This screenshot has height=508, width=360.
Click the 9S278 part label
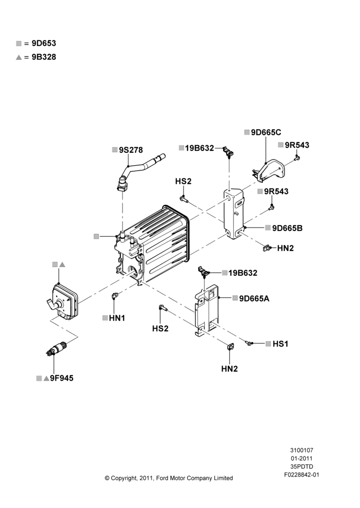click(x=131, y=150)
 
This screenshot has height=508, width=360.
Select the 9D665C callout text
click(x=266, y=132)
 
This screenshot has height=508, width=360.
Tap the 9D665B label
click(x=287, y=228)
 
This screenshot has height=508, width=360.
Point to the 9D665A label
click(x=254, y=298)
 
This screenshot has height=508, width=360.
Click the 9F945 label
click(x=62, y=378)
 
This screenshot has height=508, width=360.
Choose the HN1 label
click(x=117, y=318)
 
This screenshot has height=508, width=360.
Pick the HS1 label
click(x=280, y=344)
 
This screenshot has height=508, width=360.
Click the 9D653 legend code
click(x=44, y=43)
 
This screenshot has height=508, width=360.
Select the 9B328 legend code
click(x=44, y=57)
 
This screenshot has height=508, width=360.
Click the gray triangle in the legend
click(x=19, y=57)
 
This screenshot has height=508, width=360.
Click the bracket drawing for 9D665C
click(x=268, y=171)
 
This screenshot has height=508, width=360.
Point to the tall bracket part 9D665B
click(x=233, y=213)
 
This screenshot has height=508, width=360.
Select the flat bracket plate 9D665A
click(x=206, y=310)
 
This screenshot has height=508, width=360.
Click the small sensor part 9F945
click(x=56, y=348)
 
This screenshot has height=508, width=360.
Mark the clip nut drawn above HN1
click(x=115, y=295)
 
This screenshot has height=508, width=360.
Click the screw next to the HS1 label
click(x=249, y=343)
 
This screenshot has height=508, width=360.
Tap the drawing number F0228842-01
click(x=302, y=475)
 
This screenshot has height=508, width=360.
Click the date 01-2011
click(x=302, y=458)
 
